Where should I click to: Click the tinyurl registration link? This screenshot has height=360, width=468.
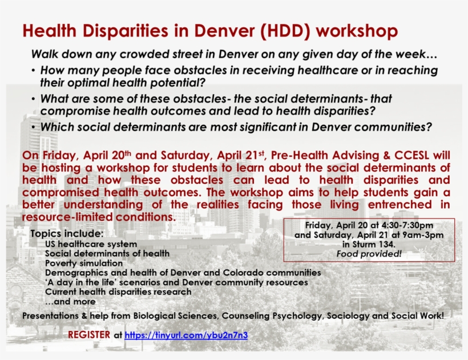(x=186, y=335)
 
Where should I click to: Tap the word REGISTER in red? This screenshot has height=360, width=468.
(x=89, y=334)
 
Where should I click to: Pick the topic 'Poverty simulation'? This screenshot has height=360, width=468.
(x=84, y=263)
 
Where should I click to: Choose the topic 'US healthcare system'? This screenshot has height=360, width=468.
(x=91, y=244)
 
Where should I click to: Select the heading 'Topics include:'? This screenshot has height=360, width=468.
(x=67, y=234)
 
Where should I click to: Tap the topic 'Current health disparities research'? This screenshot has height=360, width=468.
(x=118, y=292)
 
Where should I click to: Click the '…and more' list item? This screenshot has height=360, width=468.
(x=70, y=301)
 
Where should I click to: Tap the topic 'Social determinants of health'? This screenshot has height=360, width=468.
(x=107, y=253)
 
